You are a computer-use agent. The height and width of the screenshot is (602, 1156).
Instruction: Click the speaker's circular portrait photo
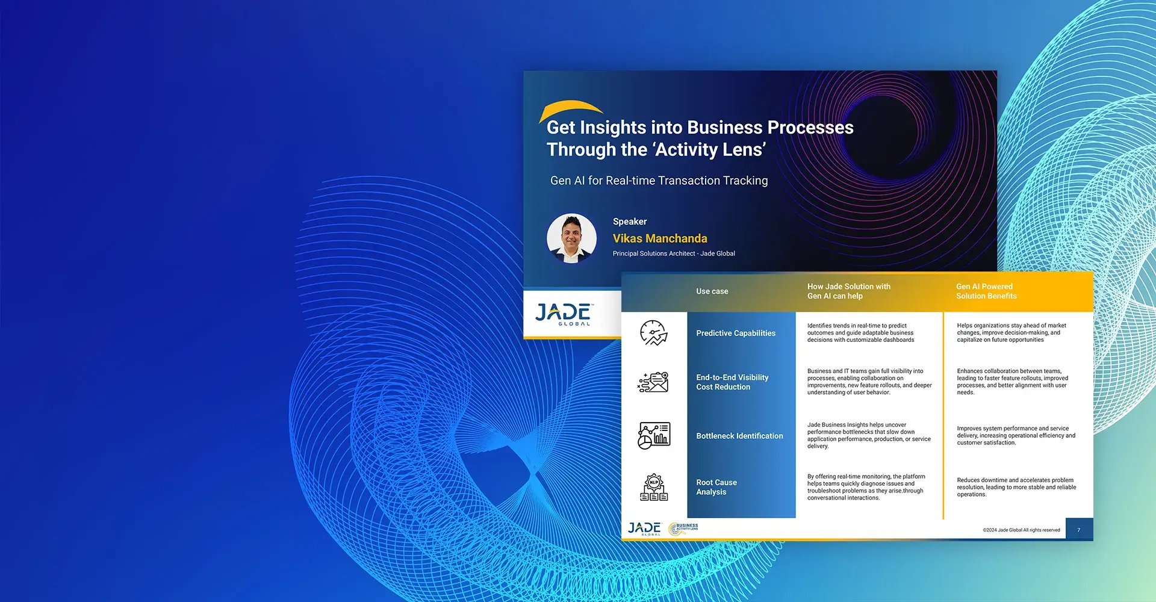[571, 238]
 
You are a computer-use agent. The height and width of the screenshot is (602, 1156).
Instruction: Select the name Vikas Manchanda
[660, 238]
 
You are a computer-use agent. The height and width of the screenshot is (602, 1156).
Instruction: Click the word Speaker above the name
[630, 222]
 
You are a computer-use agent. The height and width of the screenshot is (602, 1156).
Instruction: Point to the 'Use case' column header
[712, 291]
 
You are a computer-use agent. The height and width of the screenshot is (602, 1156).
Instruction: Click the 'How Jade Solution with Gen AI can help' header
[849, 291]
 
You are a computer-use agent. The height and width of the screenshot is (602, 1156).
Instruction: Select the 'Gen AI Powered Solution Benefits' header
[986, 291]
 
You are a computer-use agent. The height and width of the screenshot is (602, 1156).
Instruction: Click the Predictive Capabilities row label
[736, 333]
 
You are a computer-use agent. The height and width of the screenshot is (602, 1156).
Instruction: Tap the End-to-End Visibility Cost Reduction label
[732, 382]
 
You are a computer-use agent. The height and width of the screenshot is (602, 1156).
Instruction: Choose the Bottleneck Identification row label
[739, 436]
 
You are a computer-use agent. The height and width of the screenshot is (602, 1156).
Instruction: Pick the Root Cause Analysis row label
[716, 487]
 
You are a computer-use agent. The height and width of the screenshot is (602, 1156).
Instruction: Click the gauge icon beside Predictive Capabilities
[653, 333]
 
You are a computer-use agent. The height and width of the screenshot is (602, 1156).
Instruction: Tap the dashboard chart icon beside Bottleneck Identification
[654, 435]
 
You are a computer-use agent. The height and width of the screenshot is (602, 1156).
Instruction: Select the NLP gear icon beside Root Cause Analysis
[654, 488]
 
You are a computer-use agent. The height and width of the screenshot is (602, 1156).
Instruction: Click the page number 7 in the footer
[1078, 530]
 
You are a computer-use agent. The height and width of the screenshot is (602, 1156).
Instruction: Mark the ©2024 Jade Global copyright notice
[1021, 530]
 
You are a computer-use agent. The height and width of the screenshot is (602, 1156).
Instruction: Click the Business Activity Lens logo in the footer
[683, 529]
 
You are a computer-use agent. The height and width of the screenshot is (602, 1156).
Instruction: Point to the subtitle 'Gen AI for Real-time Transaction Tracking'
[659, 181]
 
